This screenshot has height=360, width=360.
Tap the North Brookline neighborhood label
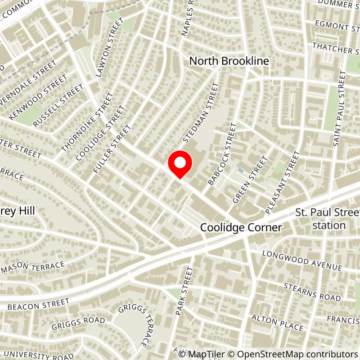point(229,61)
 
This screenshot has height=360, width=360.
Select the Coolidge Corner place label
point(241,228)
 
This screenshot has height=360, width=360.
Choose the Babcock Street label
point(222,154)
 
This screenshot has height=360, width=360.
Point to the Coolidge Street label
point(100,133)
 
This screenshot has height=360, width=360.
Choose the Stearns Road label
point(312,292)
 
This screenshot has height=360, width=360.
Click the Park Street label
point(183,291)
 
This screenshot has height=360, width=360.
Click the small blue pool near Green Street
point(240,171)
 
